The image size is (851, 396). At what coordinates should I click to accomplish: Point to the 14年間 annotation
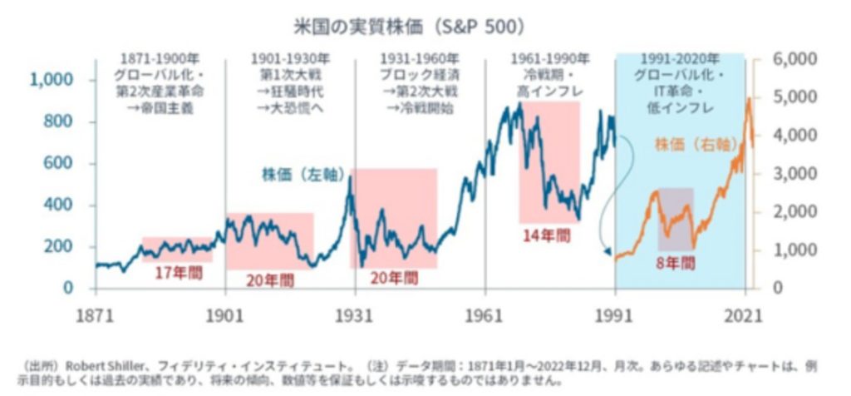pos(546,235)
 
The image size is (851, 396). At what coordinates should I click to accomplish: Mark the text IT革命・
pos(679,92)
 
